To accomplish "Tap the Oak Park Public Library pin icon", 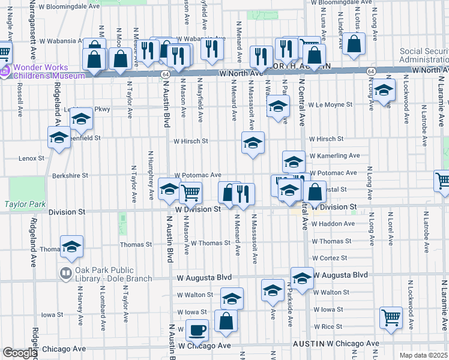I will [66, 274].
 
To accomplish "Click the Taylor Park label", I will [25, 204].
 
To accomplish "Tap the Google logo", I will [19, 353].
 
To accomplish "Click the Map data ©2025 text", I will [423, 355].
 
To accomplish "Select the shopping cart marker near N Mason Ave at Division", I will [191, 193].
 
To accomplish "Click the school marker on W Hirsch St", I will [253, 143].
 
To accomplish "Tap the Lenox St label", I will [32, 158].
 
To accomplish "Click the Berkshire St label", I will [70, 176].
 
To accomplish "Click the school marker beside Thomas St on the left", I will [71, 246].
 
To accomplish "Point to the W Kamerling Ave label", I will [334, 155].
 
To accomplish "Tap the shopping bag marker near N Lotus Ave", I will [355, 43].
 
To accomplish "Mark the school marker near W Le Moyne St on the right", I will [383, 91].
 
